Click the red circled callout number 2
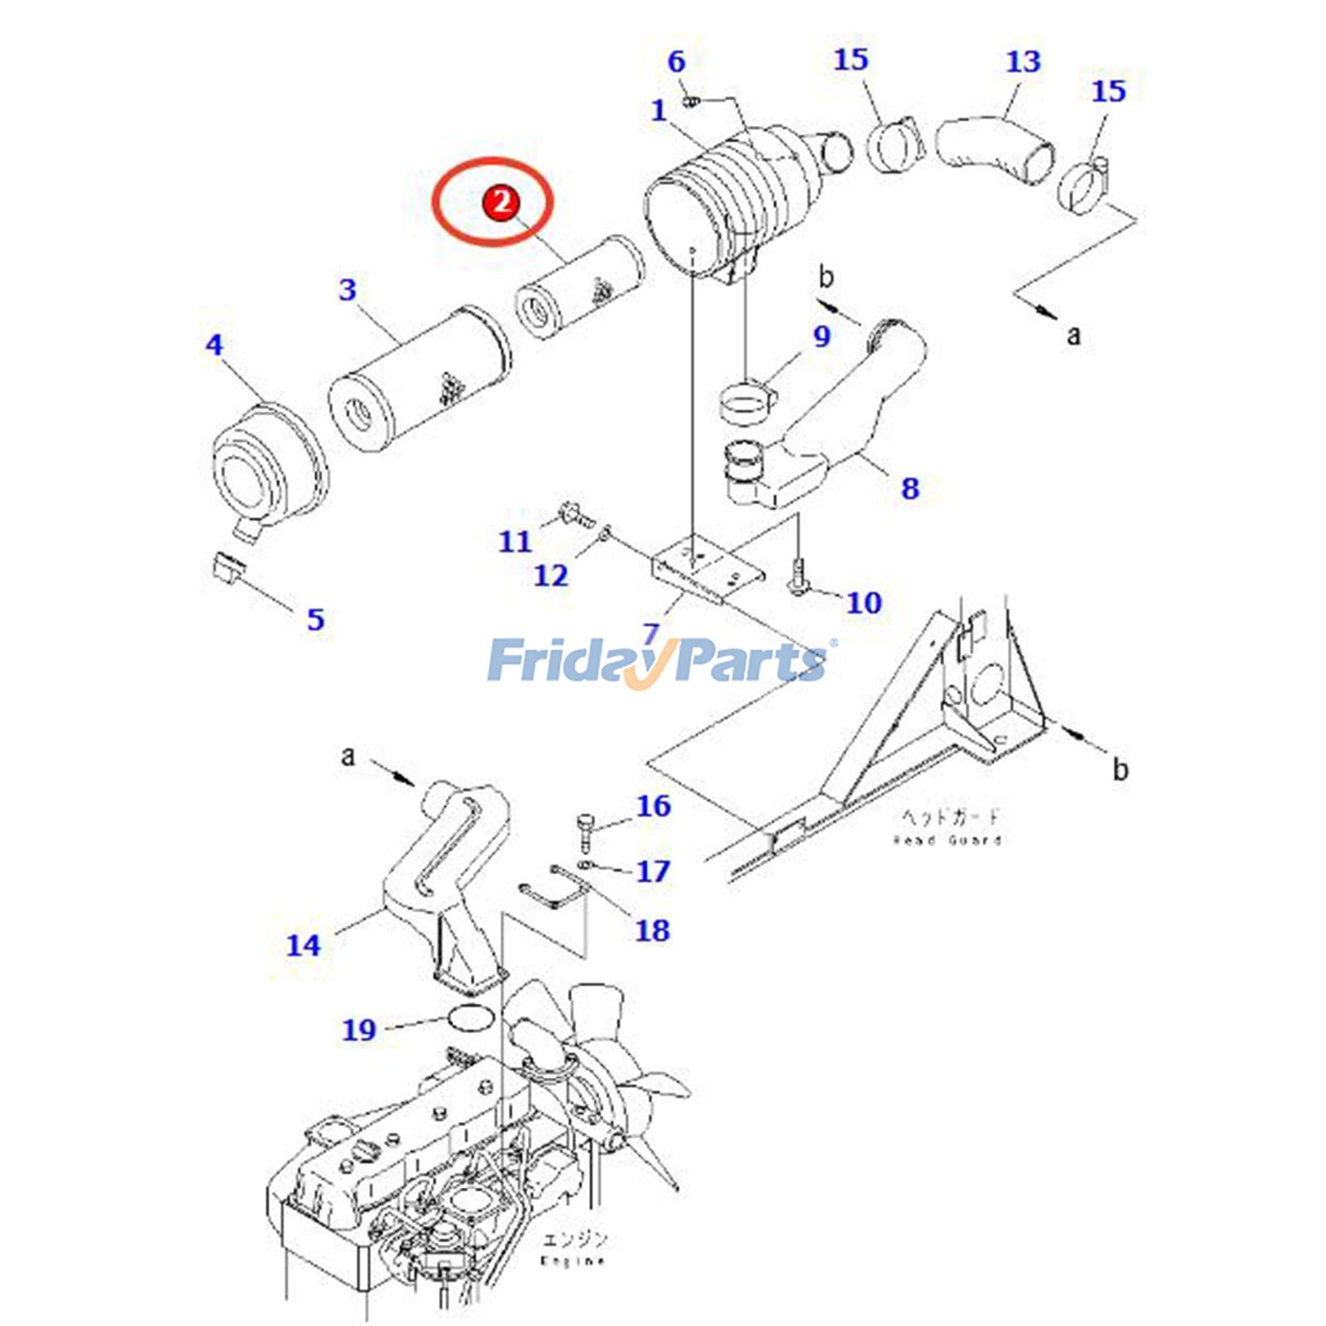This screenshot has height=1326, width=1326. click(501, 201)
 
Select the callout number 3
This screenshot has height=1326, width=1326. click(348, 290)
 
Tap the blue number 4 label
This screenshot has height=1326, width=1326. click(215, 345)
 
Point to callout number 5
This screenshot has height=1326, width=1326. click(316, 619)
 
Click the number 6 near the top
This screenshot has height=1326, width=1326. click(676, 61)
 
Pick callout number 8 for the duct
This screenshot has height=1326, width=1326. click(910, 488)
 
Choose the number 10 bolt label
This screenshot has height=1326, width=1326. click(864, 603)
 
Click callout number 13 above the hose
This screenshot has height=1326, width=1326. click(1023, 61)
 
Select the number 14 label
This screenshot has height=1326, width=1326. click(303, 945)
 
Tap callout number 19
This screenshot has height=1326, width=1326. click(359, 1030)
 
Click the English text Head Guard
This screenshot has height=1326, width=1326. click(947, 840)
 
